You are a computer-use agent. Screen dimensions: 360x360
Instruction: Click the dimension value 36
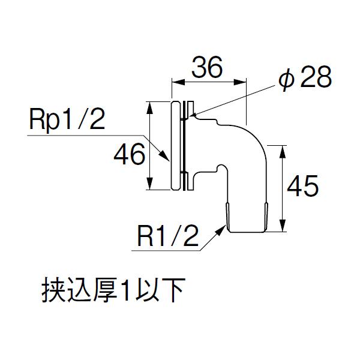coord(207,68)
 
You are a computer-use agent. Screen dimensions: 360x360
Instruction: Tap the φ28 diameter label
coord(306,79)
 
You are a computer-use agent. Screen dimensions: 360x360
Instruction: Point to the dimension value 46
coord(129,156)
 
